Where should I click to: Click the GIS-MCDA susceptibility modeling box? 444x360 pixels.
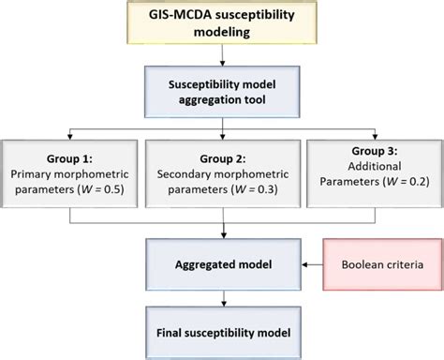coord(221,27)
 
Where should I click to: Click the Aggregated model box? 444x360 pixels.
coord(222,265)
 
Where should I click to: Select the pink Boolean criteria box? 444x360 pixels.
coord(372,265)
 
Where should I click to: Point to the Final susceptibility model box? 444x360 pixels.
coord(222,331)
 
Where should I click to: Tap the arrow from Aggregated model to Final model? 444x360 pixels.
coord(222,297)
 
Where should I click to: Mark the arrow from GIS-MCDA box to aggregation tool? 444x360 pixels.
coord(222,58)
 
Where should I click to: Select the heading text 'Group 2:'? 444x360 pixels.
coord(222,157)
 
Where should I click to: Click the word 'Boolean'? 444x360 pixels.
coord(348,265)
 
